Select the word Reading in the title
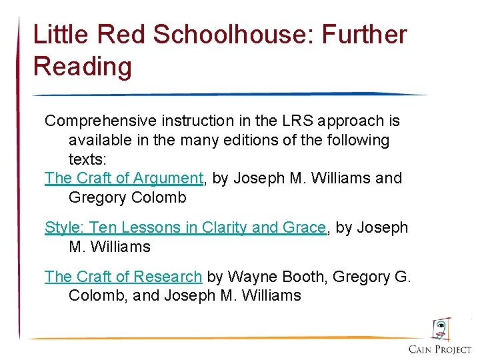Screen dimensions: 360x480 [83, 67]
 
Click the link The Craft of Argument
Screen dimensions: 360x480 [123, 179]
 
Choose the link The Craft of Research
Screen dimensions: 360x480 [123, 276]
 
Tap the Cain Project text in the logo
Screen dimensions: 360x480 [439, 349]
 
